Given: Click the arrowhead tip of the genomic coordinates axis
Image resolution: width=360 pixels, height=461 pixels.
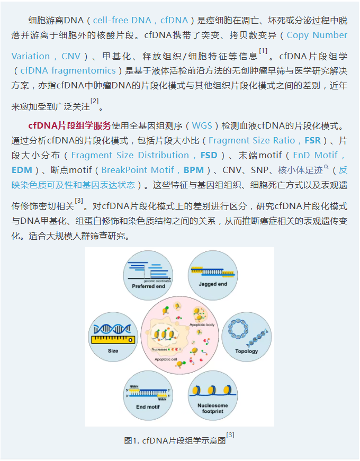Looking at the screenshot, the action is tap(172, 278).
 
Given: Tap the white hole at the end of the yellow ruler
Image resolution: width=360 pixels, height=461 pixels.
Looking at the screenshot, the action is tap(131, 340).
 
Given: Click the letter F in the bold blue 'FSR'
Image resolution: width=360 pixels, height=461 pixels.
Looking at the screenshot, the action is tap(307, 141).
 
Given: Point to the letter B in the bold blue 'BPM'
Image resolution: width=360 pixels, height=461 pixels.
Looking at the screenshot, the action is tap(186, 170).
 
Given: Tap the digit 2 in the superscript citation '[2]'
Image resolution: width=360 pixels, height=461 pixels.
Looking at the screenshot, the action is tap(95, 101).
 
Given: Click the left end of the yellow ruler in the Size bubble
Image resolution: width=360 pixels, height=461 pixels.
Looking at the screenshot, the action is tap(92, 340).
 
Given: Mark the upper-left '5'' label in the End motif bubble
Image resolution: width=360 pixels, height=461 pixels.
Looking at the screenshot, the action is tap(127, 390).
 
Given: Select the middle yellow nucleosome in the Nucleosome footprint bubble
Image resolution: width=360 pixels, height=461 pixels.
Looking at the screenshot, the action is tap(212, 391).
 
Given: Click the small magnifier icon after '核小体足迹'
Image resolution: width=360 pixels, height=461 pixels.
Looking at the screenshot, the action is tap(326, 167).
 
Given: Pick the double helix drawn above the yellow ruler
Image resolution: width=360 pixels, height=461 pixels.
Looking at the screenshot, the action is tap(112, 329).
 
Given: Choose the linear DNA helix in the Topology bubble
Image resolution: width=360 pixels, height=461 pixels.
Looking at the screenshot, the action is tap(258, 338).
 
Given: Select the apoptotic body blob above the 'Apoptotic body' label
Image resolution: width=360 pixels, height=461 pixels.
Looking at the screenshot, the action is tap(200, 314).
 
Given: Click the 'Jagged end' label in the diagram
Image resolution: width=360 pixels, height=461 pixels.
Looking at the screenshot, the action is tap(213, 284).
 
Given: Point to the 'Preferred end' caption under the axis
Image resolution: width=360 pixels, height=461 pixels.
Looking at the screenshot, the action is tap(149, 286).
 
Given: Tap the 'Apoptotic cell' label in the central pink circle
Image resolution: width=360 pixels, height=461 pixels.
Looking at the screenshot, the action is tap(166, 359).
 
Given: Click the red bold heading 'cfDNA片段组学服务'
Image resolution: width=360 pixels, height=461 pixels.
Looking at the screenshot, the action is tap(70, 126).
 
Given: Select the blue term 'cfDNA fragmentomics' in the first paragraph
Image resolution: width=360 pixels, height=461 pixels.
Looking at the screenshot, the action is tap(68, 70).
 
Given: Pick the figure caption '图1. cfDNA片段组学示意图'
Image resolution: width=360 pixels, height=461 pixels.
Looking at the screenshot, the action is tap(175, 440).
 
